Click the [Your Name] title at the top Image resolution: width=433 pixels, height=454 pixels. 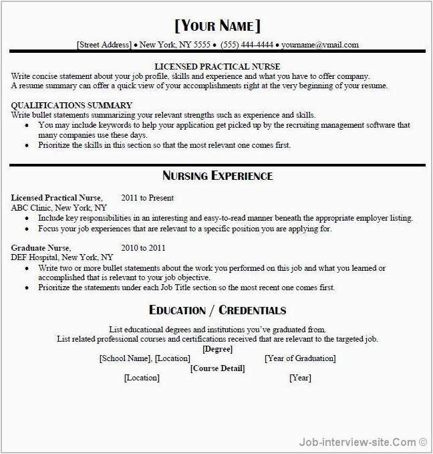pos(217,26)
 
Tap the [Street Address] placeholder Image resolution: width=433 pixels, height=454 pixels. pos(104,45)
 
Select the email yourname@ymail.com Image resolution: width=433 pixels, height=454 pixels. pos(320,45)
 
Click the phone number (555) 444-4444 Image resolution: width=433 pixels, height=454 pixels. pos(247,45)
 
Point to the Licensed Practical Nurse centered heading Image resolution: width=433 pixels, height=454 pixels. pos(217,67)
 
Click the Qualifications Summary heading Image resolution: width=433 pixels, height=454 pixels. pos(71,106)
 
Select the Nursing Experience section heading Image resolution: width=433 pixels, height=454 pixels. pos(217,176)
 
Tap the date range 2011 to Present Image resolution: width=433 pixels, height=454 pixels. pos(148,198)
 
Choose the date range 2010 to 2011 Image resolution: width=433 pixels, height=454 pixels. pos(143,248)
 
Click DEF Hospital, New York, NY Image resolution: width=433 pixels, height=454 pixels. pos(62,257)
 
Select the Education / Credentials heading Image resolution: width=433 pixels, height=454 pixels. pos(217,310)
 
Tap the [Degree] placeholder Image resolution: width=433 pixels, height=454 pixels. pos(217,349)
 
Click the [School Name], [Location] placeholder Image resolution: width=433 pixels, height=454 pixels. pos(144,359)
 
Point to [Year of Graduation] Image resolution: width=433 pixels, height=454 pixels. pos(301,359)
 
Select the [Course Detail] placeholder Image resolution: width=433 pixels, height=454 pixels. pos(217,368)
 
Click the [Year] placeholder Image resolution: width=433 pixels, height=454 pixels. pos(300,378)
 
